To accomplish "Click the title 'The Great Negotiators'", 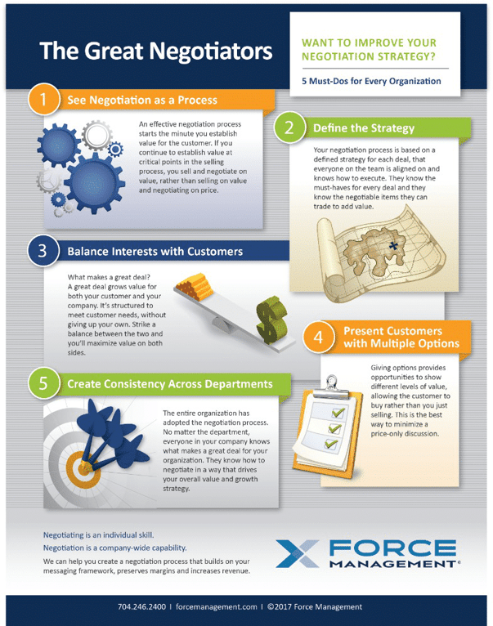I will [156, 51].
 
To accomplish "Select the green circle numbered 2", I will [289, 128].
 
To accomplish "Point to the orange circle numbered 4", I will [320, 336].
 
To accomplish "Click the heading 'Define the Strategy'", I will [363, 128].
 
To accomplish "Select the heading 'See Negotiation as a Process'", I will [142, 101].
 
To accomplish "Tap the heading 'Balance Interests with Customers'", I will [155, 252].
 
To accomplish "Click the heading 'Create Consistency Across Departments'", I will [170, 382].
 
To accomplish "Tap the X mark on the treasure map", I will [393, 245].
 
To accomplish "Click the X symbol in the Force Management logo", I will [301, 553].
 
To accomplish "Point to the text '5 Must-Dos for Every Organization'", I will [372, 81].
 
